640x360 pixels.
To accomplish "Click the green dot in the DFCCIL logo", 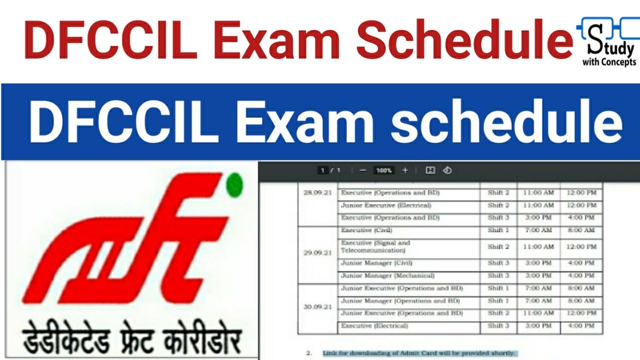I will (234, 185).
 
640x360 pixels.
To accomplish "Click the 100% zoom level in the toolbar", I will (384, 170).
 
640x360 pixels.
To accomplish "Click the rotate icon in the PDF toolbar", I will (447, 170).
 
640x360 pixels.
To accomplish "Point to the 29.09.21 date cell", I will (317, 253).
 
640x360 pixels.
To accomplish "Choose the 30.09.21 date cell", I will (317, 307).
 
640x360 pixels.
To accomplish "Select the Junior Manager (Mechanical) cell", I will (387, 275).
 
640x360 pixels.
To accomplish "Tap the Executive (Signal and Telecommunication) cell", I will (375, 246).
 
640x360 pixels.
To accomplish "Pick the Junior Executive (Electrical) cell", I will (385, 205).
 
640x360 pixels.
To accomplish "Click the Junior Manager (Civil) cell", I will (376, 263).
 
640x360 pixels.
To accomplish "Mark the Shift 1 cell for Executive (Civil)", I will (498, 230).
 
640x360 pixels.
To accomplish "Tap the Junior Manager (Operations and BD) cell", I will (400, 301).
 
